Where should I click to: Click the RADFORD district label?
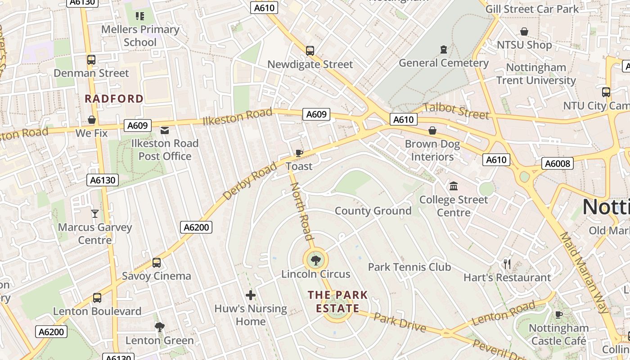tap(114, 99)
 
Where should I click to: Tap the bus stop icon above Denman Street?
tap(91, 60)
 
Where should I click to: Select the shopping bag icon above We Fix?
tap(92, 120)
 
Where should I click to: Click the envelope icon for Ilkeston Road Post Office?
tap(165, 130)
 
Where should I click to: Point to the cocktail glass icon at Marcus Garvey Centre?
tap(94, 213)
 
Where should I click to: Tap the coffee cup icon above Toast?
tap(299, 153)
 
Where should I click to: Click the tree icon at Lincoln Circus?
tap(316, 260)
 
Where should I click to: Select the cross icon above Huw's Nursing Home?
tap(251, 295)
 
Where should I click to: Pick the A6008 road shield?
tap(557, 163)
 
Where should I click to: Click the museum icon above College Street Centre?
tap(454, 186)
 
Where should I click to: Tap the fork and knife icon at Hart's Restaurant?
tap(507, 264)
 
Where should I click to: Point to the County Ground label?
tap(373, 211)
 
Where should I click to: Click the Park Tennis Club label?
tap(409, 267)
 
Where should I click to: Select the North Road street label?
tap(301, 211)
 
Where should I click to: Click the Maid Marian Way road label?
tap(584, 273)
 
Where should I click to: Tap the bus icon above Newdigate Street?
tap(310, 51)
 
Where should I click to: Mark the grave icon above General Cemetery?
tap(444, 49)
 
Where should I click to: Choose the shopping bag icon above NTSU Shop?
tap(524, 31)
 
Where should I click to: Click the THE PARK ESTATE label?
tap(337, 302)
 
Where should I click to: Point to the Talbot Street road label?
tap(456, 111)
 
